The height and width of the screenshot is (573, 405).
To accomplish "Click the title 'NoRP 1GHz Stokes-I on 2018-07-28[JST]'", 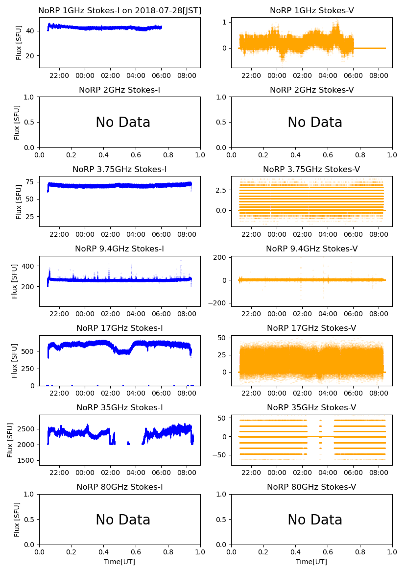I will (119, 10).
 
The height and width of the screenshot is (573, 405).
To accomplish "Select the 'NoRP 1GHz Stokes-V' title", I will (311, 10).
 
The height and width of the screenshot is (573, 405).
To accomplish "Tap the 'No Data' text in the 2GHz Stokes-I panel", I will (122, 123).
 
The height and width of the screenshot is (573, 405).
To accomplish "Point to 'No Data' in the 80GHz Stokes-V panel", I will (314, 520).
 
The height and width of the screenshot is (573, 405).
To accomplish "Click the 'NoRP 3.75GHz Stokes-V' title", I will (311, 170).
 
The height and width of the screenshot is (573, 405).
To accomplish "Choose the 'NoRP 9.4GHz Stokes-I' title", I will (119, 249).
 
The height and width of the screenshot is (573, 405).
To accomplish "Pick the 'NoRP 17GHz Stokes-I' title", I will (119, 328).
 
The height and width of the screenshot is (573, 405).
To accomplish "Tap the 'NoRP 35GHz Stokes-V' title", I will (311, 408).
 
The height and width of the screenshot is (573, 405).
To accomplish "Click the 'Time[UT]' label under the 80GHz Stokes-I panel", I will (119, 562).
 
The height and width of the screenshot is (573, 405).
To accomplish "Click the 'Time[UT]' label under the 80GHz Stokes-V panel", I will (311, 562).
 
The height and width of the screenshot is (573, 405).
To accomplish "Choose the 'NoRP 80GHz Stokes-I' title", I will (119, 487).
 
